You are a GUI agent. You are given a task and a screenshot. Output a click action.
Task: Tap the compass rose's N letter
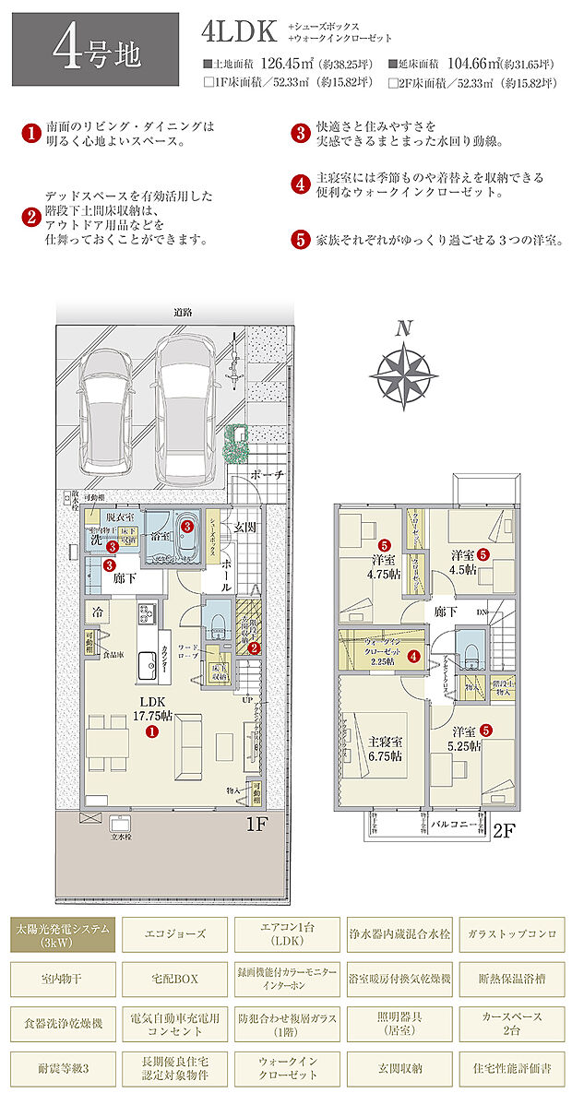pos(402,327)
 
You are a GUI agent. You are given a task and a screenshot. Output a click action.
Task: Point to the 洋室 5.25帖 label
pos(464,740)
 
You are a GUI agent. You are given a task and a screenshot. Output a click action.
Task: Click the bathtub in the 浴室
pos(187,533)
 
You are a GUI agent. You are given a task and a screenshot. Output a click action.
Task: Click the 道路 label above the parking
pos(182,313)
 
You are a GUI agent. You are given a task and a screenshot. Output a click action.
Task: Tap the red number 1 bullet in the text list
pos(30,134)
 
